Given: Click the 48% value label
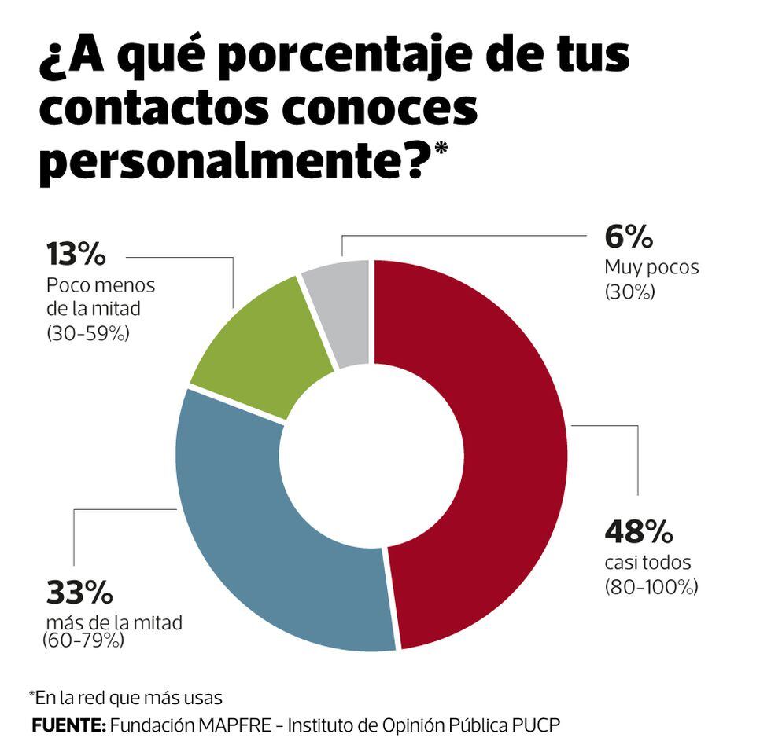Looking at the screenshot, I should click(639, 532).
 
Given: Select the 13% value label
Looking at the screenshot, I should click(76, 255).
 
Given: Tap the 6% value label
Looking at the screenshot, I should click(629, 237).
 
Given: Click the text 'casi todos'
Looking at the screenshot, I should click(647, 563).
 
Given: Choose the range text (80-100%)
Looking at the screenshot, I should click(651, 586).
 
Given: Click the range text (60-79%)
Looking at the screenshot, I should click(83, 641).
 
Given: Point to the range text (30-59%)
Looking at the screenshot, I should click(87, 333).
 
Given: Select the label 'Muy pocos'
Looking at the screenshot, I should click(651, 267).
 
